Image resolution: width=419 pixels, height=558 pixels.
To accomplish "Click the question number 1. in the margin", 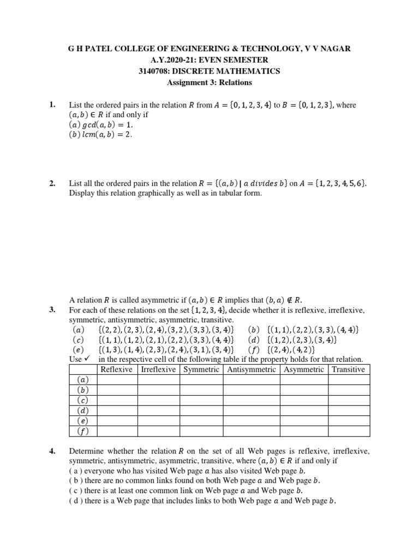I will click(52, 104).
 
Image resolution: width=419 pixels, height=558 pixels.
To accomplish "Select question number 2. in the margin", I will click(52, 184).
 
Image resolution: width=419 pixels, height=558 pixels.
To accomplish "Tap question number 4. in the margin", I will click(52, 451).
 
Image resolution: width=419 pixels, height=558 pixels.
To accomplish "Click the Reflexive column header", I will click(117, 369).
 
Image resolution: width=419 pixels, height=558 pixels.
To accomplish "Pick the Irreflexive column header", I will click(159, 369).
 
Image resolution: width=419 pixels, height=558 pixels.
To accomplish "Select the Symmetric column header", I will click(202, 369).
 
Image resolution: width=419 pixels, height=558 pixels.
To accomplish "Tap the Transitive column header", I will click(349, 369).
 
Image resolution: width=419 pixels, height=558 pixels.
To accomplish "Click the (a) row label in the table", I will click(83, 380).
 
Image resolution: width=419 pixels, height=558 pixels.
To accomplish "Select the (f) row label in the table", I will click(83, 432).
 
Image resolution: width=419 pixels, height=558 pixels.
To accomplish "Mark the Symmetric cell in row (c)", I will click(202, 401).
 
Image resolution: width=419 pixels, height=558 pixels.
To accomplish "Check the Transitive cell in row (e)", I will click(349, 421).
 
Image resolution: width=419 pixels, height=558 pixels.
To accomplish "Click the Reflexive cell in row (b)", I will click(117, 390).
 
